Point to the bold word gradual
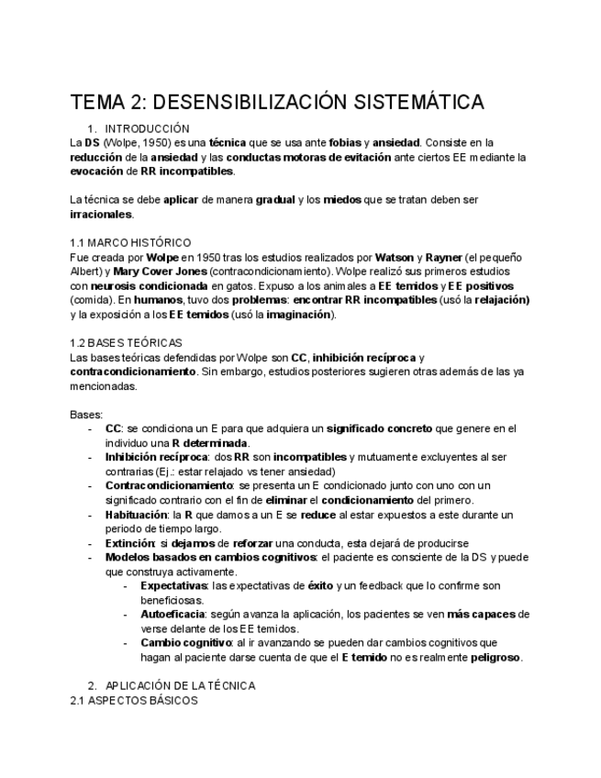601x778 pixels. point(275,200)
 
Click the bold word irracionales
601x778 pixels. point(101,214)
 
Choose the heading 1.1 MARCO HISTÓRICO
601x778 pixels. point(130,242)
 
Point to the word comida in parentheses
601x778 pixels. point(92,301)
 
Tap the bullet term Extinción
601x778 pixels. point(129,543)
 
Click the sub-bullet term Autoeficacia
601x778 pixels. point(173,614)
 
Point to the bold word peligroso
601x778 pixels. point(496,657)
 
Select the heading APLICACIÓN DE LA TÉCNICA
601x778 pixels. point(180,685)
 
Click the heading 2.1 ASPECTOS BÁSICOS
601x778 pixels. point(134,700)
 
